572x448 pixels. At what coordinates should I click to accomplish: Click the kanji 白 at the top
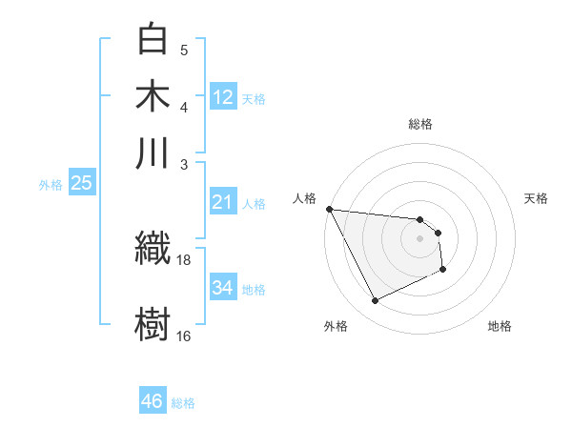point(153,39)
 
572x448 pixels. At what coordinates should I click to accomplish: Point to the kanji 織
point(153,249)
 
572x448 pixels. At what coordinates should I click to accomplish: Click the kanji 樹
point(153,320)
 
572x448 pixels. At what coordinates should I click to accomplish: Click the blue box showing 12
point(223,96)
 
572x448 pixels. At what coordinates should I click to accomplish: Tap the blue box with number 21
point(223,202)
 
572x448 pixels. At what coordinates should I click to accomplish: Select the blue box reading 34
point(223,288)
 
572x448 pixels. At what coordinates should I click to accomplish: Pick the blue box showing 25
point(81,183)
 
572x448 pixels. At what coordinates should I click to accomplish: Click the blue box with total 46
point(153,401)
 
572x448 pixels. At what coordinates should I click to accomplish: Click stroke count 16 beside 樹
point(184,336)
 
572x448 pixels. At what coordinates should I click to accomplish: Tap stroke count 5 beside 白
point(184,51)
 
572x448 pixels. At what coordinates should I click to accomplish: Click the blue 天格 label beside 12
point(254,99)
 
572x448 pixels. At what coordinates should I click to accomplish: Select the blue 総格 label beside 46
point(183,403)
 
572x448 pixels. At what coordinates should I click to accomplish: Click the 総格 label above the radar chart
point(419,124)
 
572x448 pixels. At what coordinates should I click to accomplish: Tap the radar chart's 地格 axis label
point(500,326)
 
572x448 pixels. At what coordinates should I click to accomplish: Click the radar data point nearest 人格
point(329,209)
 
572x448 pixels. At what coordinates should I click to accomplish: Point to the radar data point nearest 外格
point(375,301)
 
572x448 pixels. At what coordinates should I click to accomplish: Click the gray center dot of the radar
point(419,238)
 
